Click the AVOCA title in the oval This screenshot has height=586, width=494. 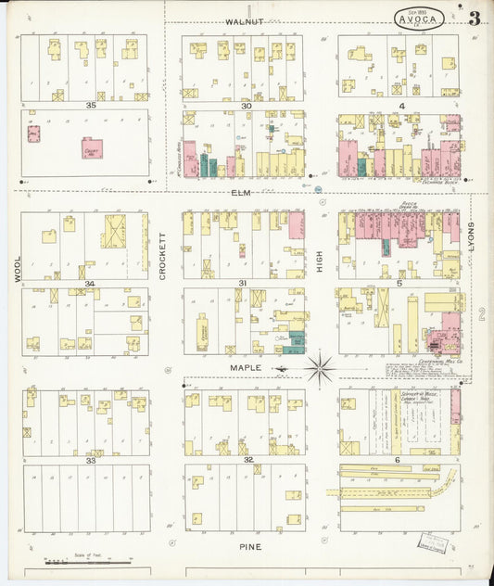point(419,19)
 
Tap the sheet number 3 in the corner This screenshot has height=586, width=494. point(474,18)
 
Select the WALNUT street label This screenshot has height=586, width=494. point(245,21)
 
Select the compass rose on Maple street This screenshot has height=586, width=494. point(320,369)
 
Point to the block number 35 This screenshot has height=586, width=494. point(90,106)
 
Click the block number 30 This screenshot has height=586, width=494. point(247,106)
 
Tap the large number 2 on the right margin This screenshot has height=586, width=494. point(482,315)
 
